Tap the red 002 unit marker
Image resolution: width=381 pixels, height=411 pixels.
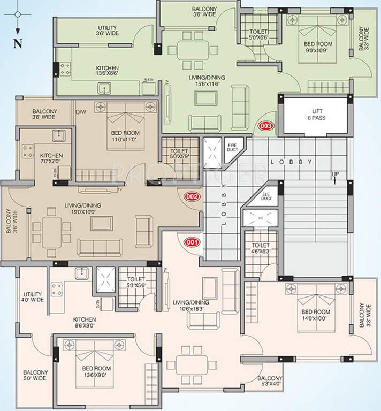click(192, 196)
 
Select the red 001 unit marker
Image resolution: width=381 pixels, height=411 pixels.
click(192, 242)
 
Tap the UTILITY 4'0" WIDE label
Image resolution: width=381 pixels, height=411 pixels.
click(33, 298)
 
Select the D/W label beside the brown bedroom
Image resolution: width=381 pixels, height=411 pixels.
click(81, 112)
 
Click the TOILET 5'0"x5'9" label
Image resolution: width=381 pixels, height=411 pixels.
click(180, 155)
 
